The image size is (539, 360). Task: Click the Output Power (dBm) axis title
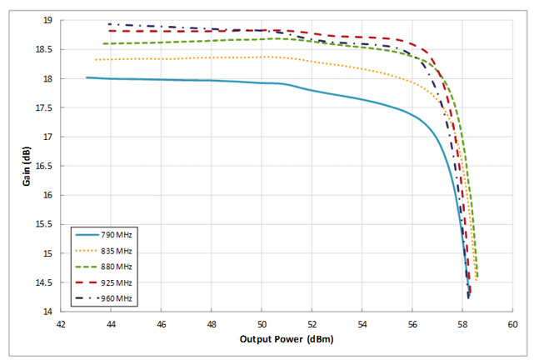[x=287, y=339]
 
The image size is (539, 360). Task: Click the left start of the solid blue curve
[x=87, y=77]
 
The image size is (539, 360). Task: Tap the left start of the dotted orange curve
[x=95, y=60]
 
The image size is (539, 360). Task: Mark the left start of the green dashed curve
[x=103, y=43]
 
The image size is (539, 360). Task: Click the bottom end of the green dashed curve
[x=477, y=277]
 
